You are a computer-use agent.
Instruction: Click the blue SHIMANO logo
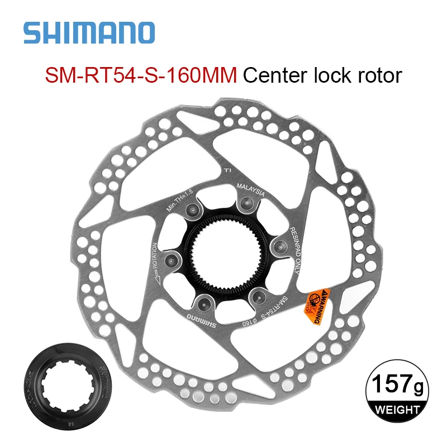pyautogui.click(x=89, y=33)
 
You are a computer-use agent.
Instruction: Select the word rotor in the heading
pyautogui.click(x=380, y=75)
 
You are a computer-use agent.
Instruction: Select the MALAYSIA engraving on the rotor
pyautogui.click(x=250, y=191)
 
